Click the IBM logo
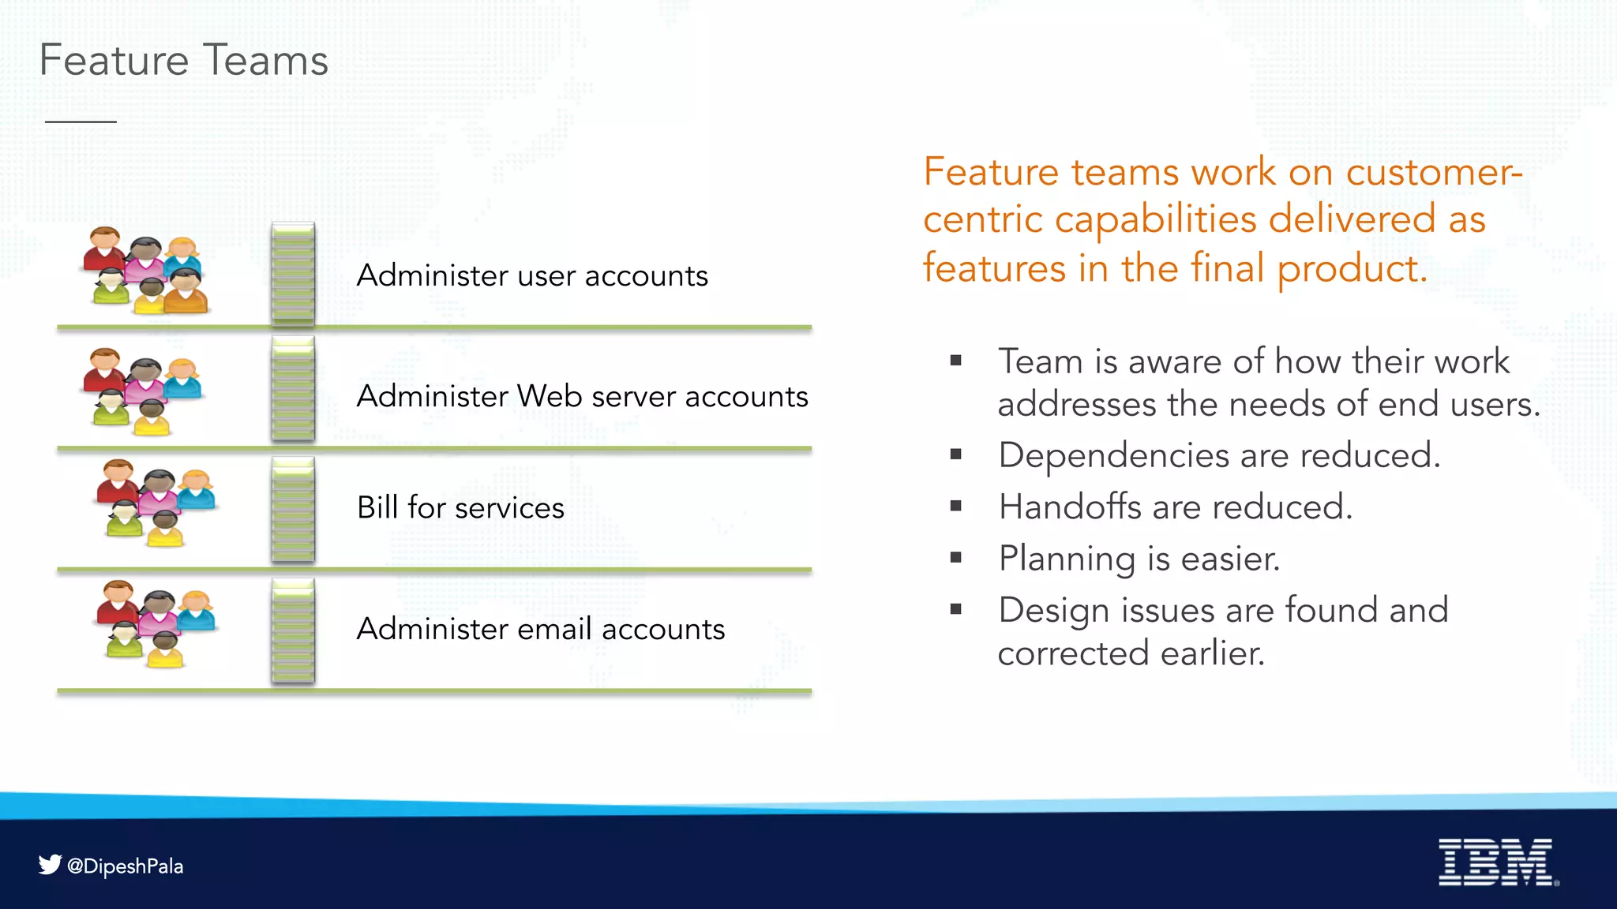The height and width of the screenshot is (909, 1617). (x=1497, y=862)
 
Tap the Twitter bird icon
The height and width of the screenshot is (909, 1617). (x=50, y=865)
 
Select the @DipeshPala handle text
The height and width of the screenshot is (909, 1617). (x=126, y=866)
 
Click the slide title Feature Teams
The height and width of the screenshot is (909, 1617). (x=183, y=61)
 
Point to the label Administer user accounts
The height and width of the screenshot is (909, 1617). (x=532, y=276)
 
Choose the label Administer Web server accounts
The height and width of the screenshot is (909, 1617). (x=582, y=396)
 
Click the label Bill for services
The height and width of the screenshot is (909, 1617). (x=460, y=507)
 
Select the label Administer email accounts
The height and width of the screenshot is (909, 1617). (x=540, y=629)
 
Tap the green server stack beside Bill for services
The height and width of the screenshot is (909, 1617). (x=293, y=510)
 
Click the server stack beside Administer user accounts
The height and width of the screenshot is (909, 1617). (x=293, y=274)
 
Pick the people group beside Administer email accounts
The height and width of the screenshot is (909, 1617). (x=156, y=623)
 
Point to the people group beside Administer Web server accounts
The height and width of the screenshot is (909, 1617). (x=142, y=391)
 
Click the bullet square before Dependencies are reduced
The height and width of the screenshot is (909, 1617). (x=956, y=454)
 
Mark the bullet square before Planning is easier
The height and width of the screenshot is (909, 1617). (x=956, y=558)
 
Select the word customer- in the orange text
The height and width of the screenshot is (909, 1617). (x=1434, y=172)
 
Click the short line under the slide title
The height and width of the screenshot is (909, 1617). (x=81, y=122)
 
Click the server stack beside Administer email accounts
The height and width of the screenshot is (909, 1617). (x=293, y=630)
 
